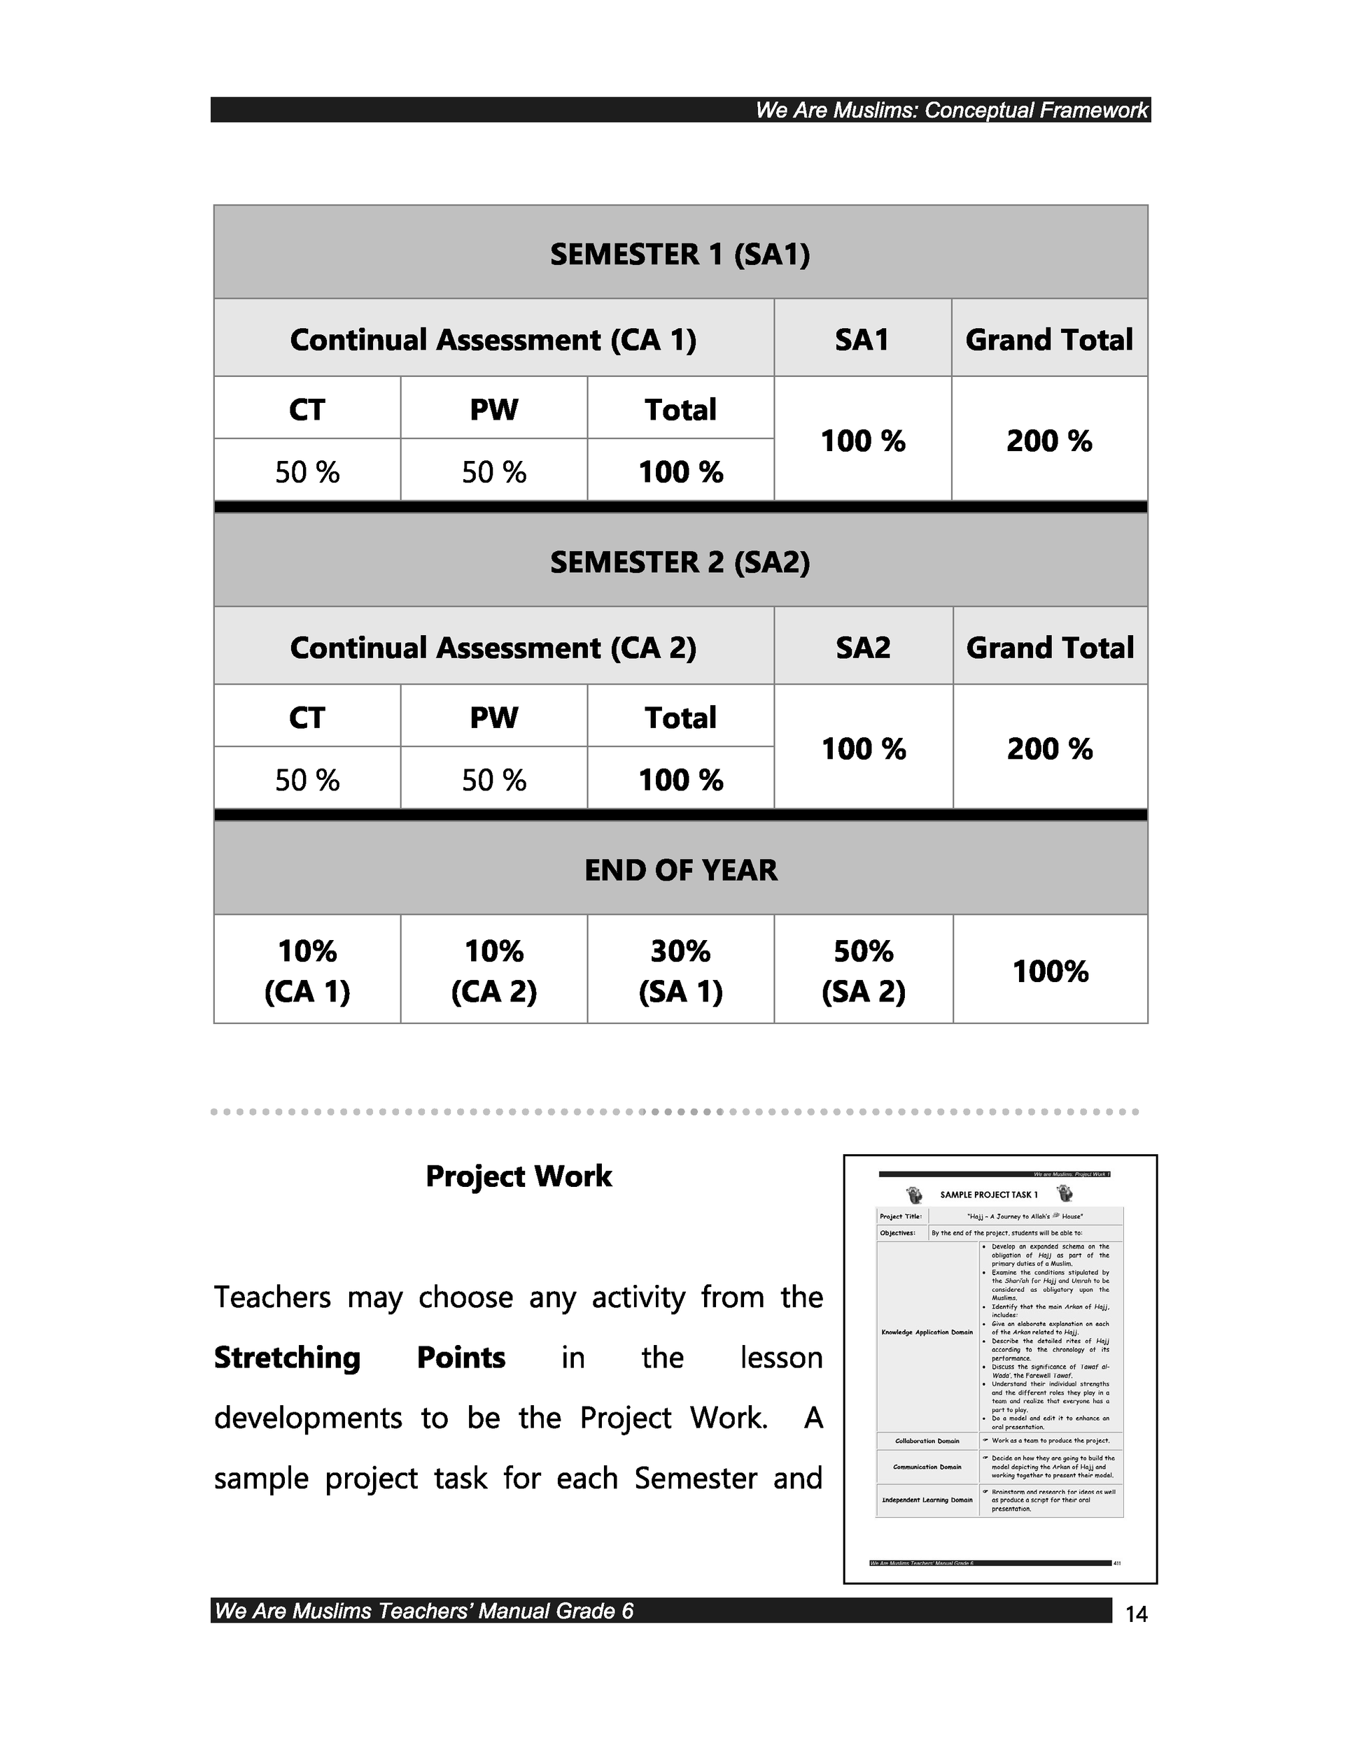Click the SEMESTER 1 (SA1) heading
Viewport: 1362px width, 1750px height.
pyautogui.click(x=680, y=254)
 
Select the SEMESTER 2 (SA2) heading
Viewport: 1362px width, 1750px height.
pyautogui.click(x=680, y=562)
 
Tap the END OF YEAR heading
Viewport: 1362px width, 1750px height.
pyautogui.click(x=680, y=869)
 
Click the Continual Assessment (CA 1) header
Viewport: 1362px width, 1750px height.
pyautogui.click(x=493, y=339)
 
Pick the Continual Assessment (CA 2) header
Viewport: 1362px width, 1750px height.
pyautogui.click(x=493, y=647)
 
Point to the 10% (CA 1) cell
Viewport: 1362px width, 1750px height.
pyautogui.click(x=307, y=970)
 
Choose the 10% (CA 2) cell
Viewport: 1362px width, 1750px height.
pyautogui.click(x=494, y=970)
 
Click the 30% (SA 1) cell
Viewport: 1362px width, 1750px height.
pyautogui.click(x=680, y=970)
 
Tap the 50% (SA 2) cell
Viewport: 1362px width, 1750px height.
pyautogui.click(x=864, y=970)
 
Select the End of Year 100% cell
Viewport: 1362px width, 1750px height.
pyautogui.click(x=1050, y=971)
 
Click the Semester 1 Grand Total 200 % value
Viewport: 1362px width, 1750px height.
pyautogui.click(x=1049, y=441)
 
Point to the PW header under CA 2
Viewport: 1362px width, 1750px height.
pyautogui.click(x=494, y=717)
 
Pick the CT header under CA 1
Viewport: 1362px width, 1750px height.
pyautogui.click(x=307, y=409)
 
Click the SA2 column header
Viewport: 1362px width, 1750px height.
pyautogui.click(x=864, y=647)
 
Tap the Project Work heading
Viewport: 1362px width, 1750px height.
pyautogui.click(x=519, y=1176)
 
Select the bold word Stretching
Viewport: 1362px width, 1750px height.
pyautogui.click(x=287, y=1358)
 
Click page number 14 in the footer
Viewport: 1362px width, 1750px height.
pyautogui.click(x=1136, y=1614)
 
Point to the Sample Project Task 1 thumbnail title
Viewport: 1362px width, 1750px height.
pyautogui.click(x=988, y=1195)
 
